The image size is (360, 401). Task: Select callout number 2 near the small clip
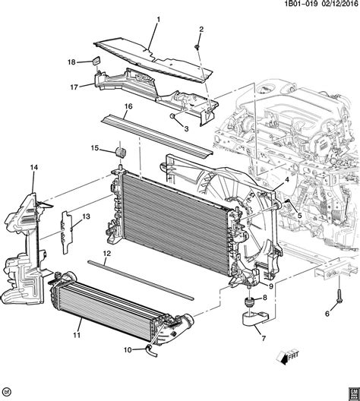click(x=201, y=30)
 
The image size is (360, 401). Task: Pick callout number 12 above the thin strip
click(x=107, y=253)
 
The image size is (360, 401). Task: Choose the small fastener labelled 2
click(x=197, y=46)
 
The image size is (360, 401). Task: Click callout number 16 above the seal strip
click(x=128, y=106)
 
